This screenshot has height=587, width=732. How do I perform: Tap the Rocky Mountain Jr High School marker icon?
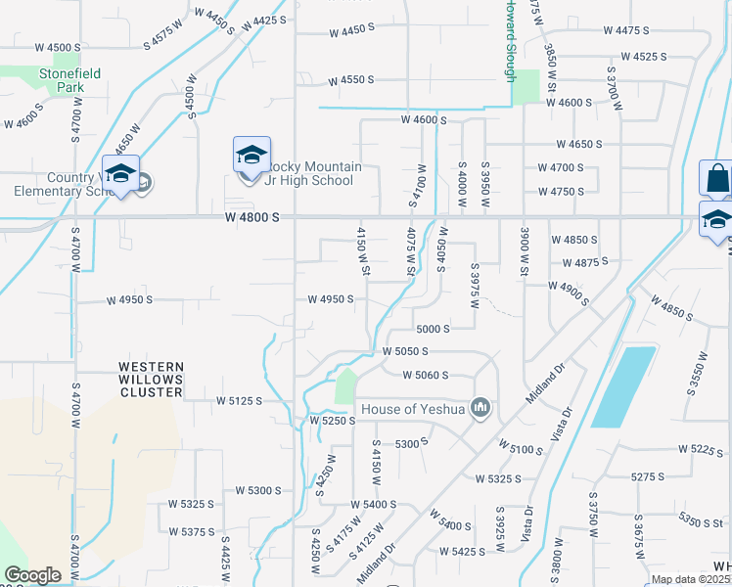(x=252, y=155)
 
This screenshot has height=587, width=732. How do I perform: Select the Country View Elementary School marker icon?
(x=120, y=173)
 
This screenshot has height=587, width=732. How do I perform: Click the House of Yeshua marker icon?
(x=480, y=406)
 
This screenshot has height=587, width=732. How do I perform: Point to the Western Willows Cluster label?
(x=151, y=380)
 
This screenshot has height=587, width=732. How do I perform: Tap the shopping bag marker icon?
(x=716, y=179)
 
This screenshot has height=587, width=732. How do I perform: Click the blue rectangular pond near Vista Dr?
(x=623, y=386)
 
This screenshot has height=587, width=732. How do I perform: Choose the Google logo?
(x=32, y=575)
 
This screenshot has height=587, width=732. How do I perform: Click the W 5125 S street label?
(x=240, y=400)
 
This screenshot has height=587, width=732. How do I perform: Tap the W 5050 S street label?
(x=406, y=350)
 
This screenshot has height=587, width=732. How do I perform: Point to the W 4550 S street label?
(x=351, y=80)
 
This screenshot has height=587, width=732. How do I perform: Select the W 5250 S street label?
(x=333, y=420)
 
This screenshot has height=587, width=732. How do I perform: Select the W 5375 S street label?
(x=191, y=531)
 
